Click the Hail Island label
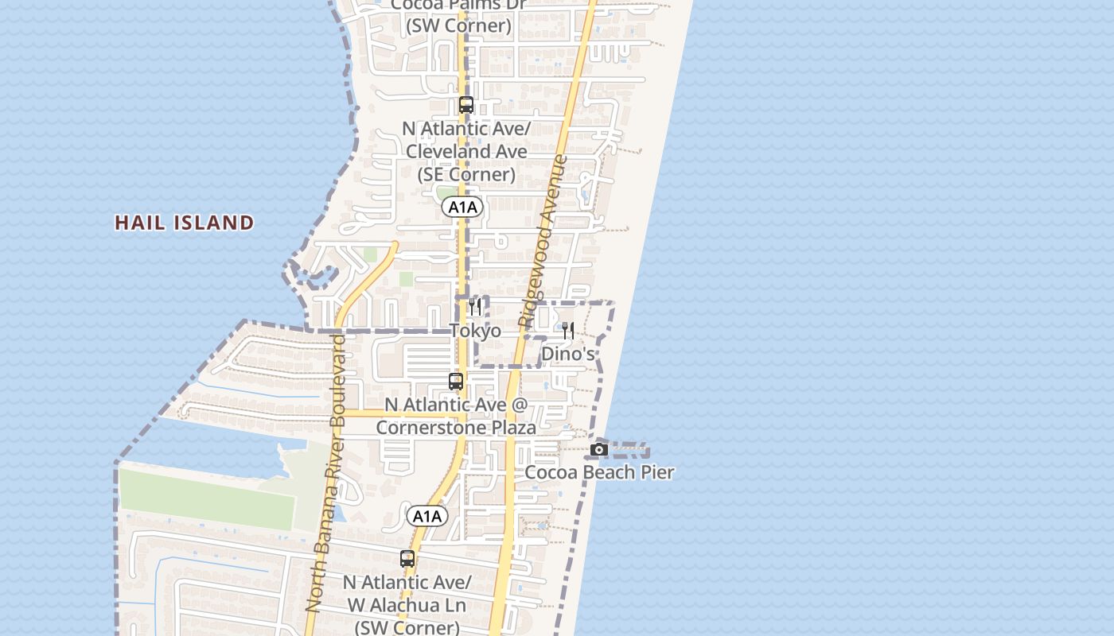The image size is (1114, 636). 185,223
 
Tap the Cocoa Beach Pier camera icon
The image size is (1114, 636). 599,450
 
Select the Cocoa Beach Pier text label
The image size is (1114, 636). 599,472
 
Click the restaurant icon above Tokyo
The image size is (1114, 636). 475,307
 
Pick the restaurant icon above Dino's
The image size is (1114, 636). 568,330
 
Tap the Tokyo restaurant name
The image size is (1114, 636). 475,331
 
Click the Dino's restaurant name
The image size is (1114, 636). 568,354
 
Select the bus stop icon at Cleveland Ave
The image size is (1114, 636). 466,105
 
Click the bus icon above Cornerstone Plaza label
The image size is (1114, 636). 456,382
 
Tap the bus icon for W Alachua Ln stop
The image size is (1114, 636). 407,559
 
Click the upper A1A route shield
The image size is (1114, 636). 462,207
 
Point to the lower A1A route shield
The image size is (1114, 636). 427,517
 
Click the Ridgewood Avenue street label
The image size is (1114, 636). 542,242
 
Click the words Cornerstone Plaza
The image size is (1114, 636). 456,428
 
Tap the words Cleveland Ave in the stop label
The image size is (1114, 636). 466,151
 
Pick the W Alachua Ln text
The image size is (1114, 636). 406,605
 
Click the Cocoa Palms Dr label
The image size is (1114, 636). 458,5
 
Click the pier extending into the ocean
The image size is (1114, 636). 629,450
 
